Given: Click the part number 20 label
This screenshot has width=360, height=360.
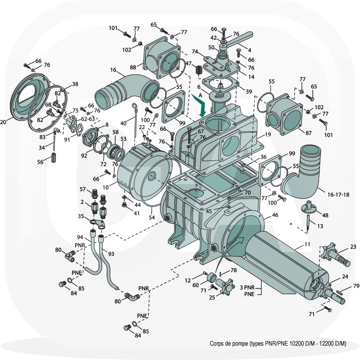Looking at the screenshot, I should (4, 122).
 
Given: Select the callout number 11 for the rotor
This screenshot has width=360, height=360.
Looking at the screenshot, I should (307, 244).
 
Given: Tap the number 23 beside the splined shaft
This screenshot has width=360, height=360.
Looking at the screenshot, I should (353, 247).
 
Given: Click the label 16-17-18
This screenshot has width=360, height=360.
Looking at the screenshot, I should (338, 194).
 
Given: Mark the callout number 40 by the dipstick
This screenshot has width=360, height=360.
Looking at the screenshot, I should (123, 123).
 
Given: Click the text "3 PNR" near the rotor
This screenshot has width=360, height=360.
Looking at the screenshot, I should (247, 287).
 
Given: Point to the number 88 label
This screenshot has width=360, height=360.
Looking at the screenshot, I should (133, 67).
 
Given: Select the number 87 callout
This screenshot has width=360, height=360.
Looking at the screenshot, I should (308, 133).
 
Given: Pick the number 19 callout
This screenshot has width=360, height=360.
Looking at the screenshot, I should (267, 135).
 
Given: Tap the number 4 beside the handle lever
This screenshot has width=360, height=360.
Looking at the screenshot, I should (249, 50).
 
